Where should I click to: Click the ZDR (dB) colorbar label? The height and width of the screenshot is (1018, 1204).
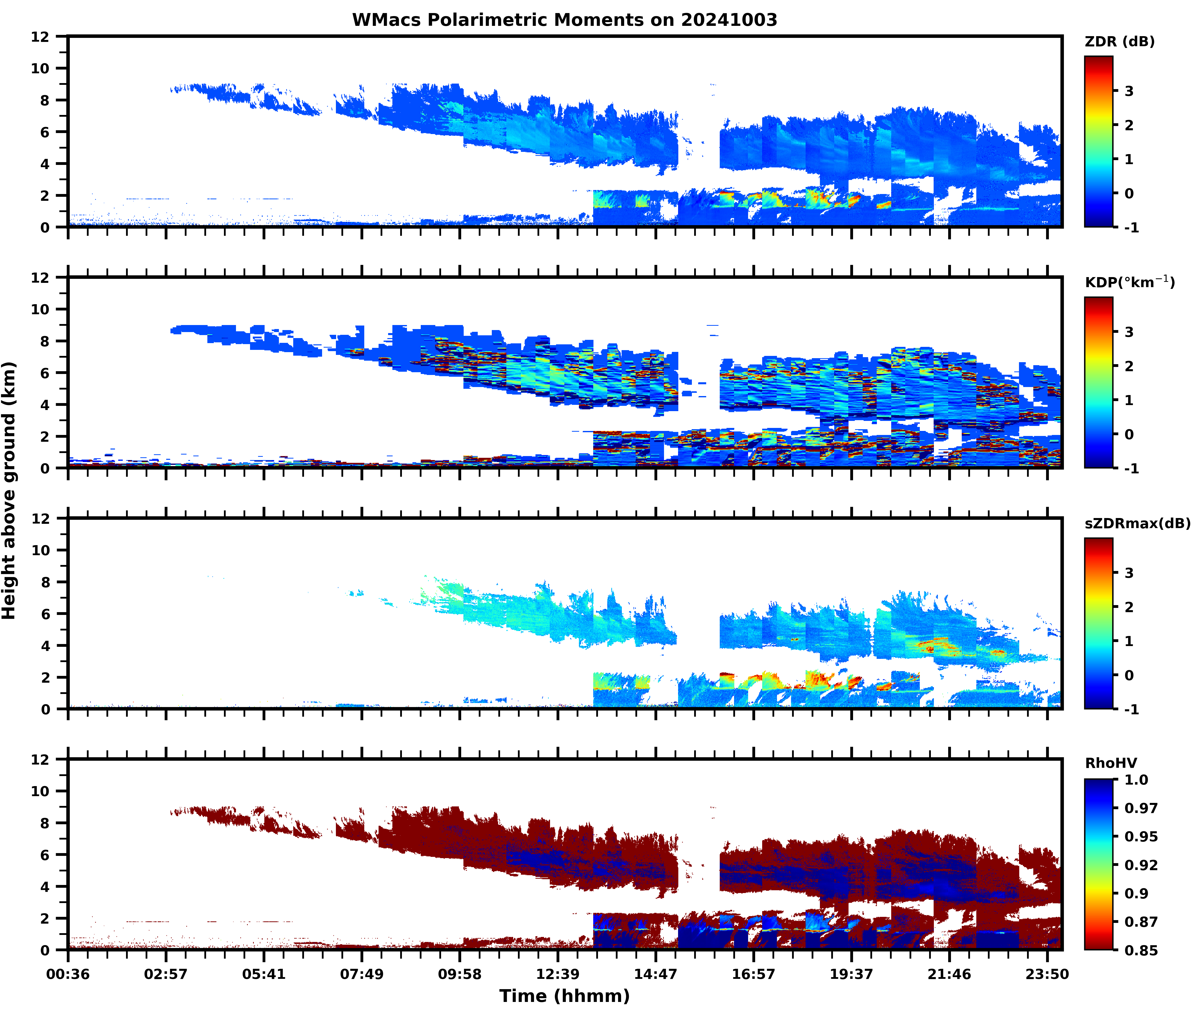[x=1119, y=42]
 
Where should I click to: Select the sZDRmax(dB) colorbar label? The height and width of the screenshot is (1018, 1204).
[x=1137, y=523]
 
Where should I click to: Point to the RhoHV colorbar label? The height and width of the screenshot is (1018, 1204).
[x=1111, y=763]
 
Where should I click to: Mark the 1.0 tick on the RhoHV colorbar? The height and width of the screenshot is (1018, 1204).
[x=1136, y=780]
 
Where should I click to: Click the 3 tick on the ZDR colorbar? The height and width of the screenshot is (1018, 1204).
[x=1129, y=91]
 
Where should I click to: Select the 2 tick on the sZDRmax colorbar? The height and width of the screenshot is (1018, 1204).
[x=1129, y=607]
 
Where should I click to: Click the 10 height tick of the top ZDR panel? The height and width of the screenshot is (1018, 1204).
[x=40, y=68]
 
